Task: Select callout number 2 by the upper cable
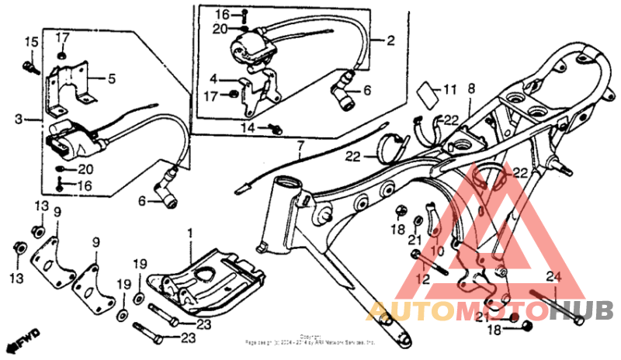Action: pyautogui.click(x=390, y=40)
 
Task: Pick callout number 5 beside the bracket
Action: pyautogui.click(x=112, y=78)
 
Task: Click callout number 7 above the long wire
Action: pyautogui.click(x=300, y=145)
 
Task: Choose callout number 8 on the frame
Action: pyautogui.click(x=470, y=90)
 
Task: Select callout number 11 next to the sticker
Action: pyautogui.click(x=450, y=91)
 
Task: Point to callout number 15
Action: pyautogui.click(x=31, y=41)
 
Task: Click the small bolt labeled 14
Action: pyautogui.click(x=274, y=128)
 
